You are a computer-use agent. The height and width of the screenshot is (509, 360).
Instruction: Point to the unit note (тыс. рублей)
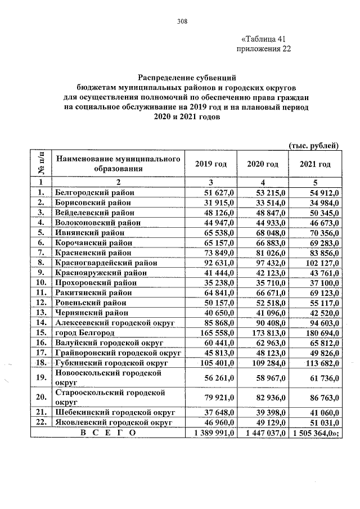click(313, 146)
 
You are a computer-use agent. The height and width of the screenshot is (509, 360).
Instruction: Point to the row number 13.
click(40, 312)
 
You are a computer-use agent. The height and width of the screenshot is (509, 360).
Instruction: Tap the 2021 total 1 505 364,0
click(315, 433)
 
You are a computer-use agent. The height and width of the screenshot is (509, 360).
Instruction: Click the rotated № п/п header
click(40, 164)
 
